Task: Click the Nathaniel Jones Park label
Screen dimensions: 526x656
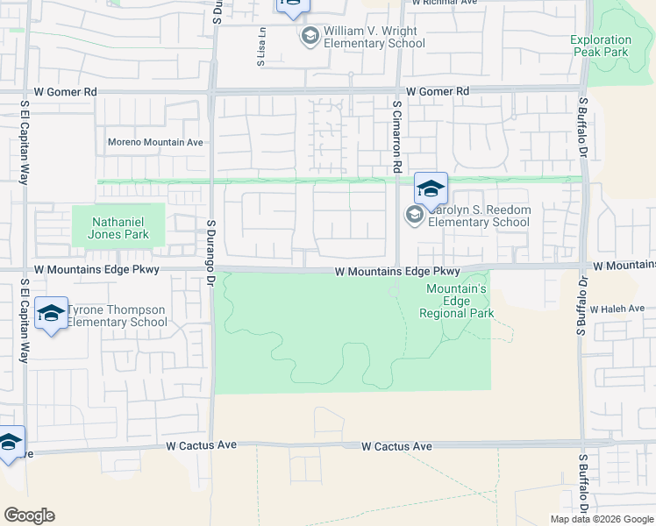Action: (118, 228)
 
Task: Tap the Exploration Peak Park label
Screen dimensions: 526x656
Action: (600, 46)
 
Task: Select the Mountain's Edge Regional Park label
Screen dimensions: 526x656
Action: (456, 301)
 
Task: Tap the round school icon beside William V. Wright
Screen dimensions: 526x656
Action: (309, 36)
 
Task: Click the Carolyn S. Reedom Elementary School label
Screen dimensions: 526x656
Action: (478, 216)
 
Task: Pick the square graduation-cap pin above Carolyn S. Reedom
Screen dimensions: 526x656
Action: (431, 188)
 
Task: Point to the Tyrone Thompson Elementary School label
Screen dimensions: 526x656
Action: (117, 316)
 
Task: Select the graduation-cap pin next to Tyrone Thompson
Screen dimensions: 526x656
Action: (52, 314)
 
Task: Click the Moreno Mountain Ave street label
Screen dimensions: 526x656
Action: (155, 142)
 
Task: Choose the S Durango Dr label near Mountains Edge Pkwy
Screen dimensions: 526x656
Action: (210, 242)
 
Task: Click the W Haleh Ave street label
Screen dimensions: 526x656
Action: (617, 309)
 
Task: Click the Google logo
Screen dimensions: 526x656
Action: (29, 515)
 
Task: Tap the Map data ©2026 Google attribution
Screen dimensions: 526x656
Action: (602, 519)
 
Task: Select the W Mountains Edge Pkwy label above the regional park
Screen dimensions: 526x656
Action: (397, 272)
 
